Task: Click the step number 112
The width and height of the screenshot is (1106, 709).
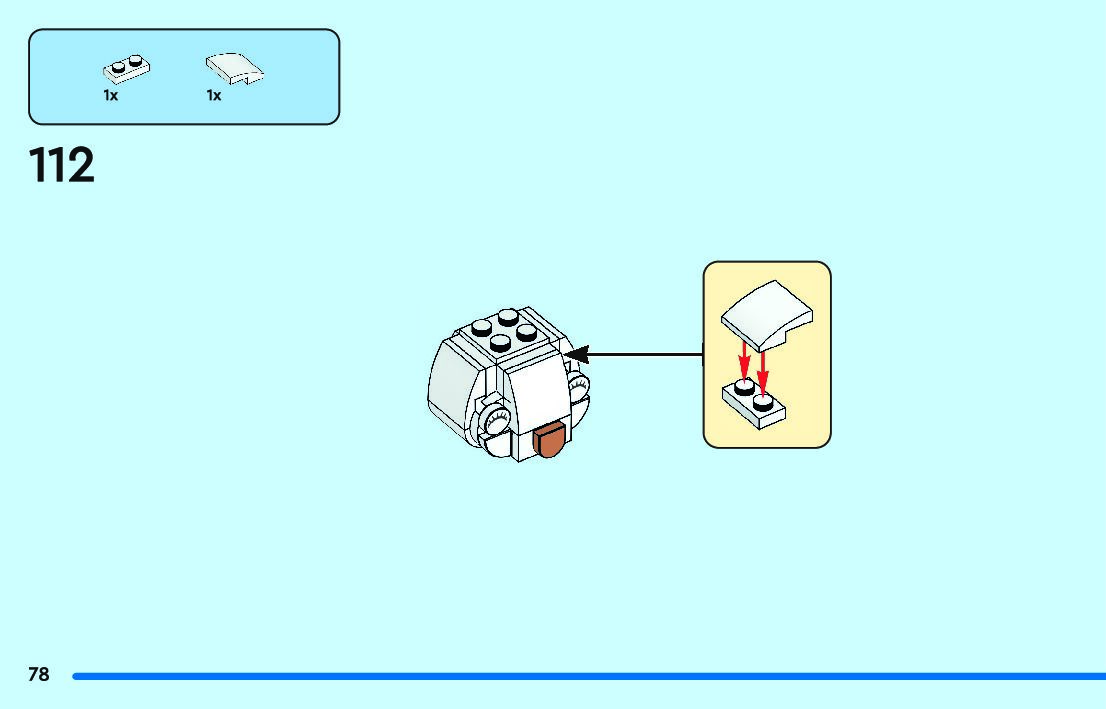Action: point(62,165)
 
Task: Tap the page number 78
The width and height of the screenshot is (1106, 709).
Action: point(38,675)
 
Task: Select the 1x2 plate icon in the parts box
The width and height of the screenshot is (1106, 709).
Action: point(125,69)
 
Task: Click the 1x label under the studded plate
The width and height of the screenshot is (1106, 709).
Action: point(110,96)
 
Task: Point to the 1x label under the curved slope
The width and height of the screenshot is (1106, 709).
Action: point(214,96)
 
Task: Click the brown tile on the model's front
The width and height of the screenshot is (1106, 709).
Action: point(551,440)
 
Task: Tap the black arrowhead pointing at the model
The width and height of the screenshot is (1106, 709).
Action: point(575,354)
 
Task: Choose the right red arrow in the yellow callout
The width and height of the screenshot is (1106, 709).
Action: point(762,370)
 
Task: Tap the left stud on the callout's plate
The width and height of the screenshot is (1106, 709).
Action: point(743,386)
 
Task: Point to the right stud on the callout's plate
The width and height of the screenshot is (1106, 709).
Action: point(763,402)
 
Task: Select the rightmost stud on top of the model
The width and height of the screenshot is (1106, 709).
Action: point(530,331)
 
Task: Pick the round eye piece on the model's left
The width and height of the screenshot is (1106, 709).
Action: point(494,425)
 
